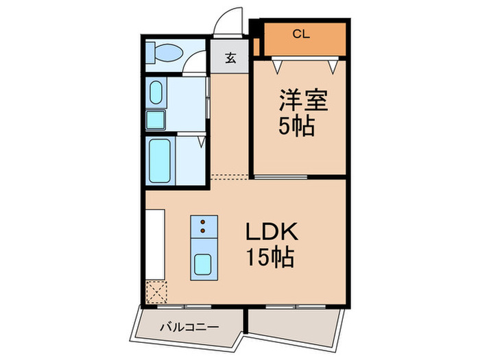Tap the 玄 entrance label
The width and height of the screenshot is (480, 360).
[231, 58]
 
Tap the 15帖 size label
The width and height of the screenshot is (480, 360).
[272, 258]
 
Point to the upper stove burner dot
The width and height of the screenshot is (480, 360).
[204, 222]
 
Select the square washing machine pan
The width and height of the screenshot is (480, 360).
[156, 120]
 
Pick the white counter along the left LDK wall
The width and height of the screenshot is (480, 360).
[155, 243]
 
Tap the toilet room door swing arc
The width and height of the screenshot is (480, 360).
[195, 63]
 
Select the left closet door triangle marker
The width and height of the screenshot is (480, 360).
[278, 66]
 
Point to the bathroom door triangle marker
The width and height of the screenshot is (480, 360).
[201, 142]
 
